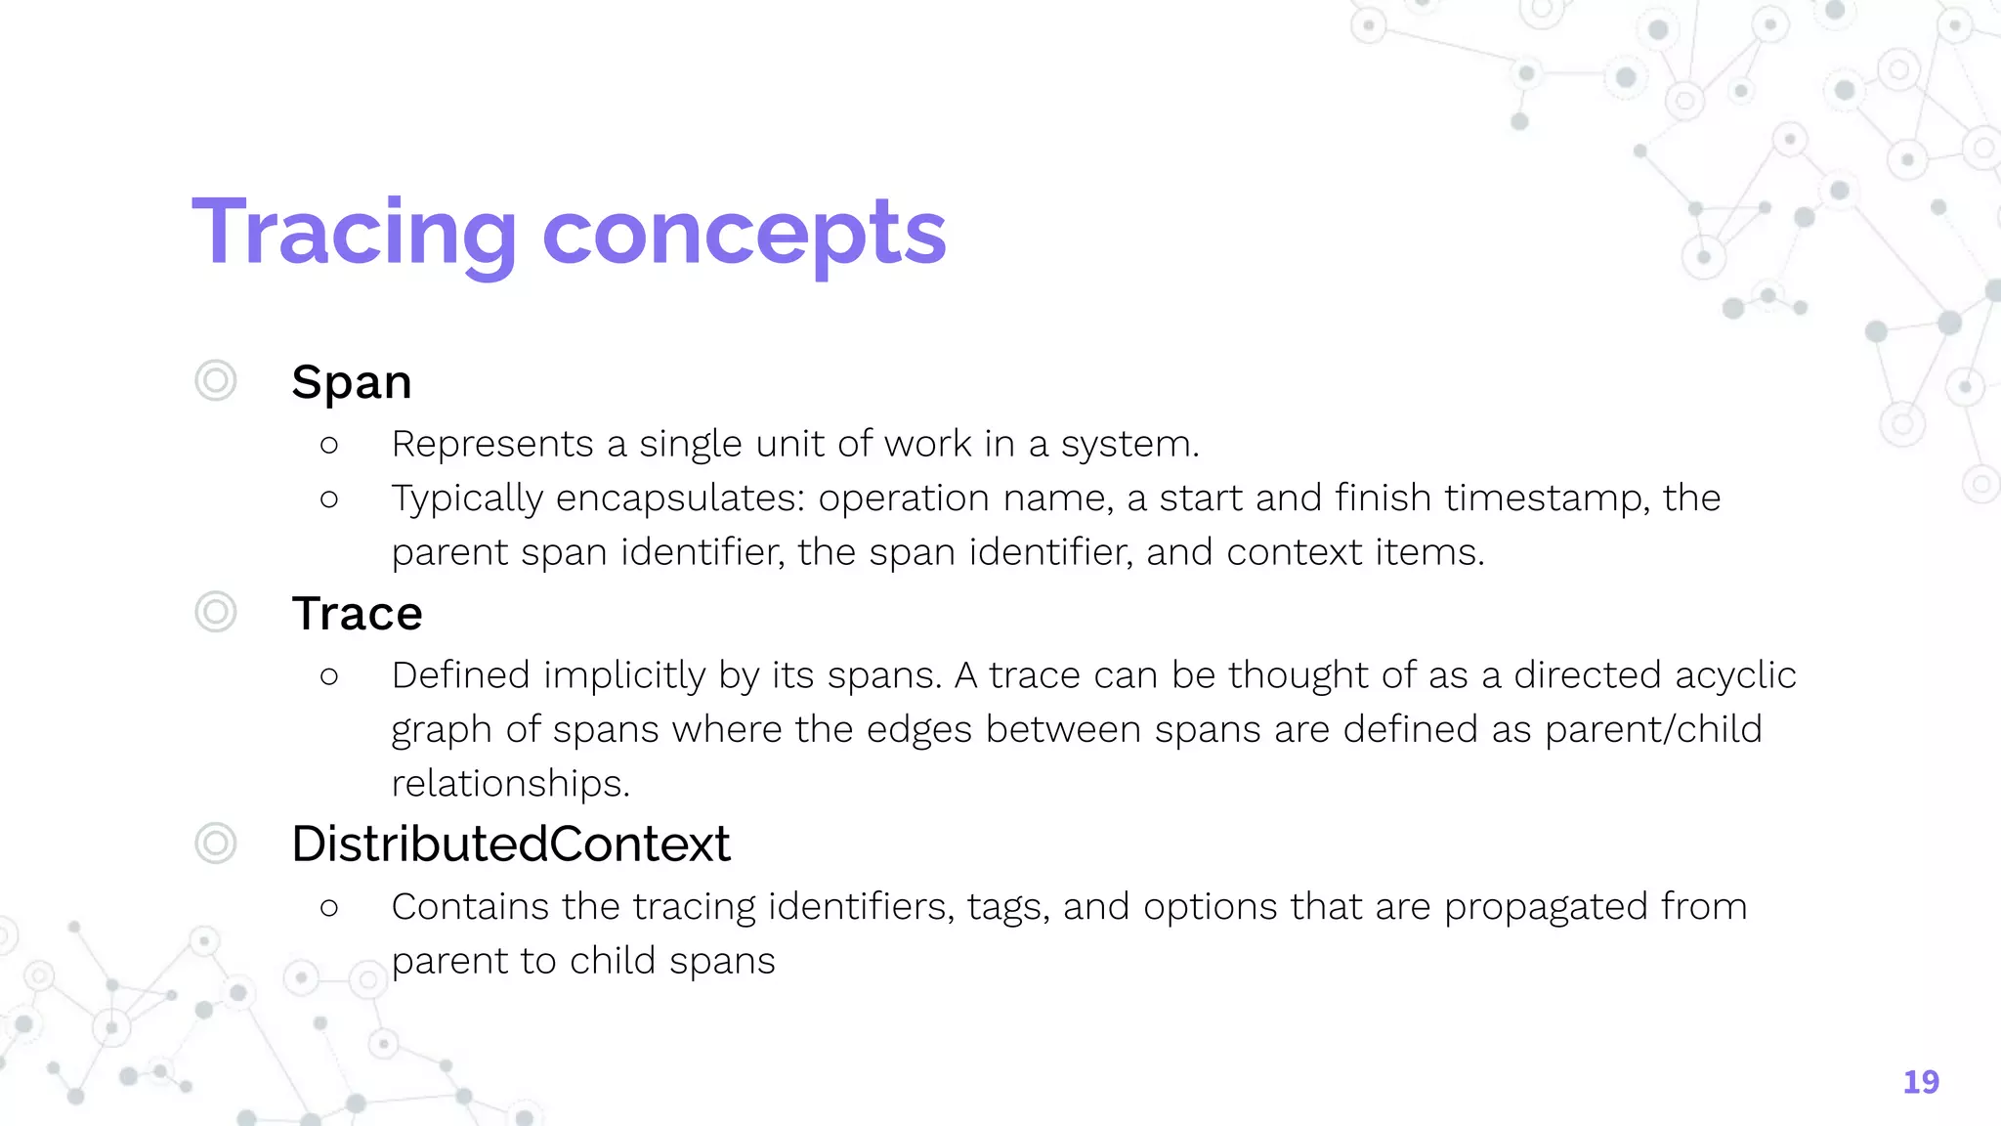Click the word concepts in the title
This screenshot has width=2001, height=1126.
pyautogui.click(x=744, y=235)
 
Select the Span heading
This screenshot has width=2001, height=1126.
pyautogui.click(x=352, y=382)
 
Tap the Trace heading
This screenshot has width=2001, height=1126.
pyautogui.click(x=357, y=614)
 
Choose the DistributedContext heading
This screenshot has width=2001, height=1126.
pyautogui.click(x=510, y=844)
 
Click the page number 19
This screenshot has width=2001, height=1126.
pyautogui.click(x=1920, y=1082)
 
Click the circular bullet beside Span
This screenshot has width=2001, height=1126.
pyautogui.click(x=216, y=380)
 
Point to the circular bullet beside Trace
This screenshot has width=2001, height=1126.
pyautogui.click(x=216, y=612)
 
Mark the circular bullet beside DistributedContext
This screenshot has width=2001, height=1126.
pyautogui.click(x=216, y=843)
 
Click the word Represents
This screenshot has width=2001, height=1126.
pyautogui.click(x=491, y=445)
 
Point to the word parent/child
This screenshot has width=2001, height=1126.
pyautogui.click(x=1653, y=730)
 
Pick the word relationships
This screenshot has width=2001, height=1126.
pyautogui.click(x=510, y=784)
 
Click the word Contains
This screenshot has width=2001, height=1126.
pyautogui.click(x=470, y=907)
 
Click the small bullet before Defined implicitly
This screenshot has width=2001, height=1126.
pyautogui.click(x=329, y=676)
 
